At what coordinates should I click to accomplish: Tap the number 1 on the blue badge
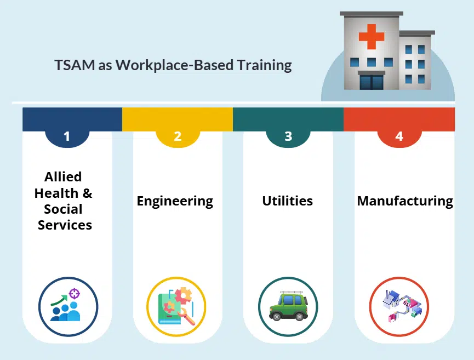click(67, 136)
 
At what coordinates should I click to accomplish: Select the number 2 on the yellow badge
click(178, 136)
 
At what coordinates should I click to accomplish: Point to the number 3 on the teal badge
click(288, 136)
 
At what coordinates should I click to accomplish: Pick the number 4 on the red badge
click(399, 136)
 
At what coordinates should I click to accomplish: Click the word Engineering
click(175, 201)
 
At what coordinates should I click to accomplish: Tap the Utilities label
click(287, 201)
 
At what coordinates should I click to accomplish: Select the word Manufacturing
click(405, 201)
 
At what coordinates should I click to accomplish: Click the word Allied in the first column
click(63, 177)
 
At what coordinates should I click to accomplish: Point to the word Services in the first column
click(65, 225)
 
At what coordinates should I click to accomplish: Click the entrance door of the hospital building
click(371, 82)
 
